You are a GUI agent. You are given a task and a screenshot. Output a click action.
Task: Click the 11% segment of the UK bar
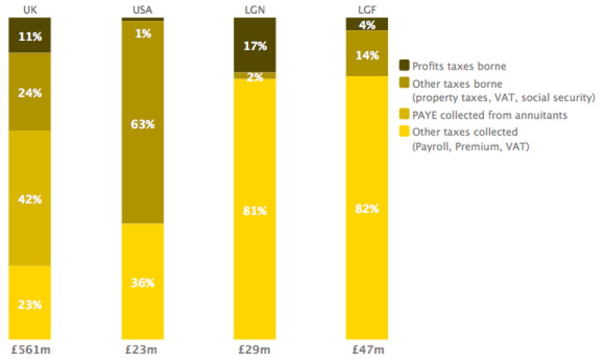tap(29, 35)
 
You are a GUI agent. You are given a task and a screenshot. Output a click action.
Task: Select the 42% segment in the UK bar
tap(29, 198)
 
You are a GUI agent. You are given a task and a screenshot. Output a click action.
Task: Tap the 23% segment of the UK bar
tap(29, 303)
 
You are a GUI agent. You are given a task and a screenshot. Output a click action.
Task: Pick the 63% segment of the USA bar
tap(143, 122)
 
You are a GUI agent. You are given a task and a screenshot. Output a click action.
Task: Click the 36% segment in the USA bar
tap(143, 281)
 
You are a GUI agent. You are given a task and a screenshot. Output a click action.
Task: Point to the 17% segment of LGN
tap(255, 45)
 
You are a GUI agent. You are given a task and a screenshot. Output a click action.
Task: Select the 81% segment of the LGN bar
tap(255, 209)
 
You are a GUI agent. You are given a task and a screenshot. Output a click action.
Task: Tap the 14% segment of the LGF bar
tap(367, 53)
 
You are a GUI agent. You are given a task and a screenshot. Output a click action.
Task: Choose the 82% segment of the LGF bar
tap(367, 207)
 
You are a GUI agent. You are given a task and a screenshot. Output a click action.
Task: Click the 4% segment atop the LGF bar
tap(367, 24)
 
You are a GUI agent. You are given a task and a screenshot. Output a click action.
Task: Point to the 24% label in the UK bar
tap(29, 92)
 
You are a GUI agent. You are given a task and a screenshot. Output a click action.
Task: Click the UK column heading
tap(30, 10)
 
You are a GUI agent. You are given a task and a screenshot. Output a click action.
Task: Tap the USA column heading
tap(142, 10)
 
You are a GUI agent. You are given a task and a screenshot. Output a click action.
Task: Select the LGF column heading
tap(367, 10)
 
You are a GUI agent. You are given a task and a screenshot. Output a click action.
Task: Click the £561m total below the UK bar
tap(31, 350)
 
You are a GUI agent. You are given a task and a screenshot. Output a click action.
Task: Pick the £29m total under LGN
tap(254, 350)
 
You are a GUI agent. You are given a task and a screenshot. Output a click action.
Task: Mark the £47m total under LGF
tap(368, 350)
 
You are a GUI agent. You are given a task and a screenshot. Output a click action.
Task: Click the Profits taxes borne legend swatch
tap(404, 65)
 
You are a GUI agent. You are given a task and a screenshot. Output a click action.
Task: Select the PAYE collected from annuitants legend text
tap(489, 115)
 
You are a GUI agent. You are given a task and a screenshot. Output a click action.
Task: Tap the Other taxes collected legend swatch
tap(404, 131)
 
